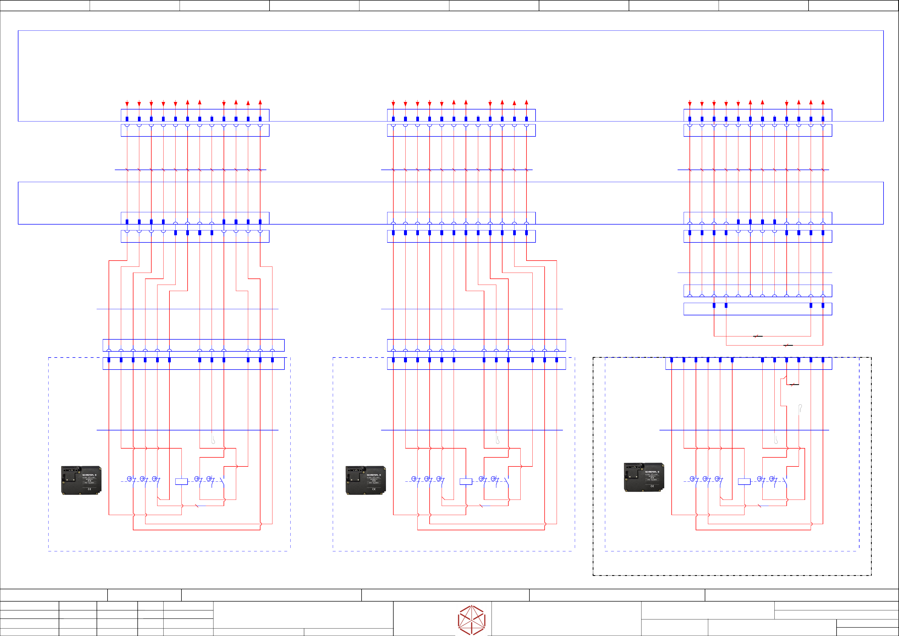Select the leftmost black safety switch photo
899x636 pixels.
point(81,480)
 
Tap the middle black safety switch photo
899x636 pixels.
point(366,480)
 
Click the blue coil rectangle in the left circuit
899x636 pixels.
point(181,482)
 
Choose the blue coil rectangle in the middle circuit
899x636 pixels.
point(466,482)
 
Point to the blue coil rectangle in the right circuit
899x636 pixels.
point(744,482)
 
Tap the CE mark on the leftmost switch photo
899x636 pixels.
point(89,489)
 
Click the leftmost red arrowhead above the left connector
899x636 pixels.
point(127,104)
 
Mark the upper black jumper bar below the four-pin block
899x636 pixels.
point(758,336)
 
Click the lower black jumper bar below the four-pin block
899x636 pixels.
point(788,345)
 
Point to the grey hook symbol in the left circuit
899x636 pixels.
point(213,440)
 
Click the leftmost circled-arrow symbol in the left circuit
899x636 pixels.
point(130,478)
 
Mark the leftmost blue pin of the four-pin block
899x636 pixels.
point(714,305)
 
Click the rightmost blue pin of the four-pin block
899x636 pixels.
point(823,305)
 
